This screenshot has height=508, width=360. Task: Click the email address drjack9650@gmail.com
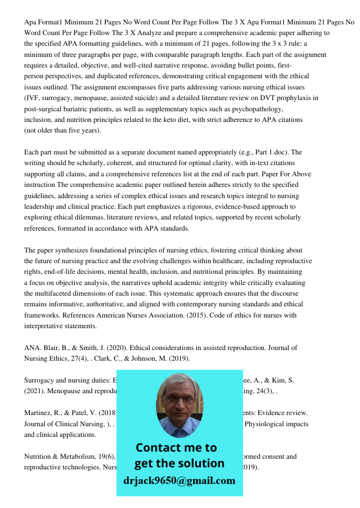(179, 481)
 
